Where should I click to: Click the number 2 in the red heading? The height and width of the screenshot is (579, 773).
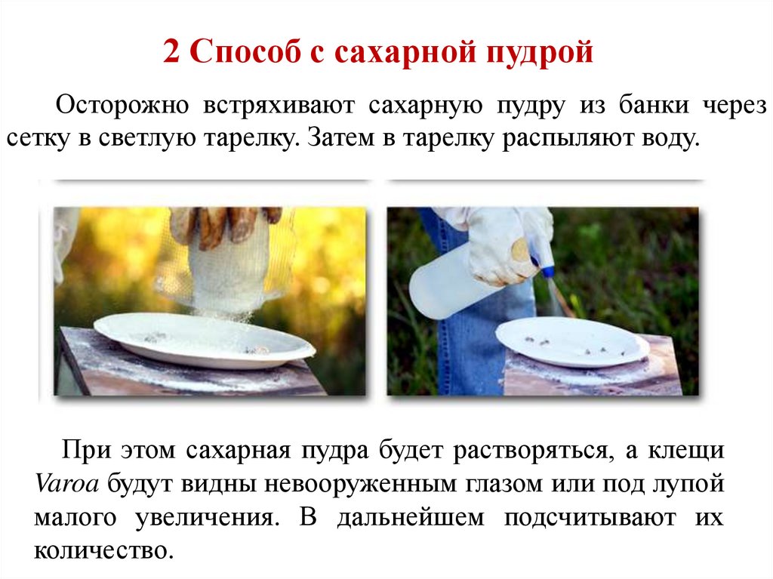[x=171, y=51]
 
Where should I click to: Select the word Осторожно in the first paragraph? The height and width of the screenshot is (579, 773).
[x=122, y=105]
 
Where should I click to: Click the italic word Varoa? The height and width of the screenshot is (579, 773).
[x=66, y=483]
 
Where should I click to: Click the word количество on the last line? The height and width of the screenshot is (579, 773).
[x=103, y=550]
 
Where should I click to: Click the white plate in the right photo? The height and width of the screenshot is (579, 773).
[x=572, y=342]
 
